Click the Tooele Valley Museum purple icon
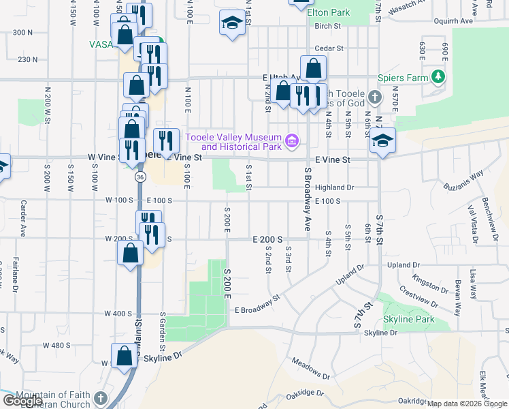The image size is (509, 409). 293,141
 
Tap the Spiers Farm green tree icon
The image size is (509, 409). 440,77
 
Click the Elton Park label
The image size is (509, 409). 328,12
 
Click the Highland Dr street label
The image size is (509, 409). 335,187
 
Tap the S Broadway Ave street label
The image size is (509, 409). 308,199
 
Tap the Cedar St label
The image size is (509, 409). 327,49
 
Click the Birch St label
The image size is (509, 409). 327,27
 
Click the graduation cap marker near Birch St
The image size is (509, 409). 232,22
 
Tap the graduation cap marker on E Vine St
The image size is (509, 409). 382,141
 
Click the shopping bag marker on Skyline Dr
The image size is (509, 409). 125,356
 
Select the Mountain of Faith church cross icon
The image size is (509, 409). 101,398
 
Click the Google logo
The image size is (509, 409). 22,401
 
